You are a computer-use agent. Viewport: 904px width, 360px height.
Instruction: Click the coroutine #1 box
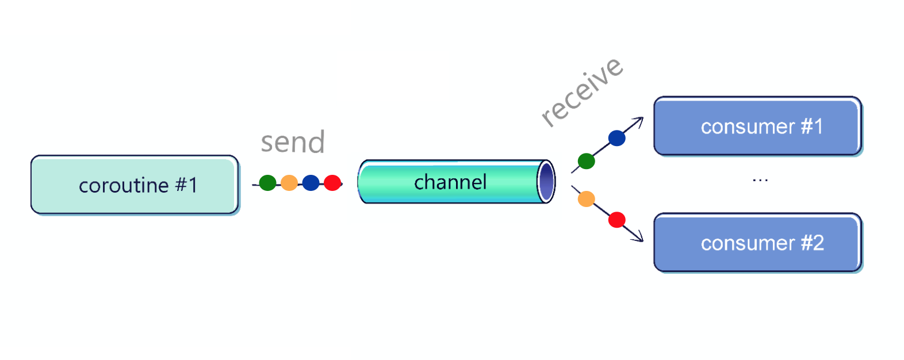point(135,185)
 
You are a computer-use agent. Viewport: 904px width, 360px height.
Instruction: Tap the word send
point(293,142)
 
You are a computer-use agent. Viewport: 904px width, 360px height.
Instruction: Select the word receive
point(581,91)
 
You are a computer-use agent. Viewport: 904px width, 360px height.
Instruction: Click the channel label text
point(450,182)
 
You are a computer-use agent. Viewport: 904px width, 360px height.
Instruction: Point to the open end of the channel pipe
point(546,182)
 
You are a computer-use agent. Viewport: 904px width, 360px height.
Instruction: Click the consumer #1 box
point(757,126)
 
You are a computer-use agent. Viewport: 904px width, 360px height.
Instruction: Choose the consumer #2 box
point(757,243)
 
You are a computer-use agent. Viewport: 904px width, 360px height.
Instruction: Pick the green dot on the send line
point(267,183)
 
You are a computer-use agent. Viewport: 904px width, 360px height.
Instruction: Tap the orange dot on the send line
point(289,183)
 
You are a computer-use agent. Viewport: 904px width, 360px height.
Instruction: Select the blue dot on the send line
point(311,183)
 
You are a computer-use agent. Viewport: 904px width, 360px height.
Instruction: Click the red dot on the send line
point(332,183)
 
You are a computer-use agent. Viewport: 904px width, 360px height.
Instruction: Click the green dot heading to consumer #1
point(586,161)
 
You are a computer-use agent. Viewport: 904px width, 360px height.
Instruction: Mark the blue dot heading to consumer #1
point(616,138)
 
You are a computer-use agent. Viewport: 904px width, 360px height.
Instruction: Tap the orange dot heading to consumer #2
point(586,199)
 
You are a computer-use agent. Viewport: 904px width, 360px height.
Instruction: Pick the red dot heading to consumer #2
point(616,220)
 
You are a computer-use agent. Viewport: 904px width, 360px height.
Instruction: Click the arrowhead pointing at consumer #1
point(639,120)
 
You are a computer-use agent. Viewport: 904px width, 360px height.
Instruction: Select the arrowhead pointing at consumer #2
point(638,238)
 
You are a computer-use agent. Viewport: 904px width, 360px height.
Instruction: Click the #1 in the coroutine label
point(186,185)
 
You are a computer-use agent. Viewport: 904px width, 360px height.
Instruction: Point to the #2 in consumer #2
point(813,243)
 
